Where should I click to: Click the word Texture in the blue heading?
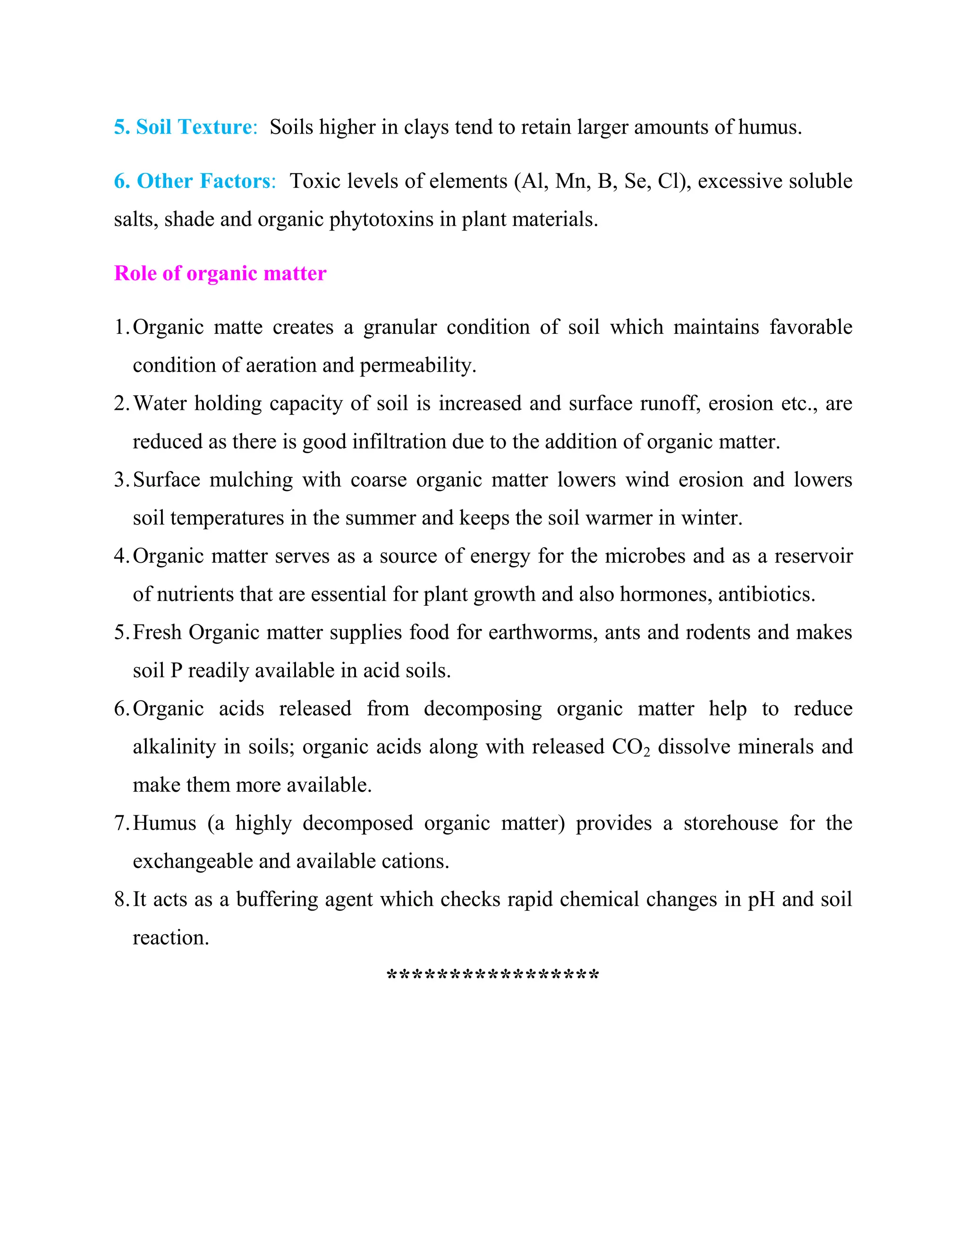215,127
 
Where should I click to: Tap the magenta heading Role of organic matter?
220,273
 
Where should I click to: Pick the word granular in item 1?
400,327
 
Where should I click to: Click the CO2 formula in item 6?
631,747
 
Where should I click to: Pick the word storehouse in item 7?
730,823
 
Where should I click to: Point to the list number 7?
121,823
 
